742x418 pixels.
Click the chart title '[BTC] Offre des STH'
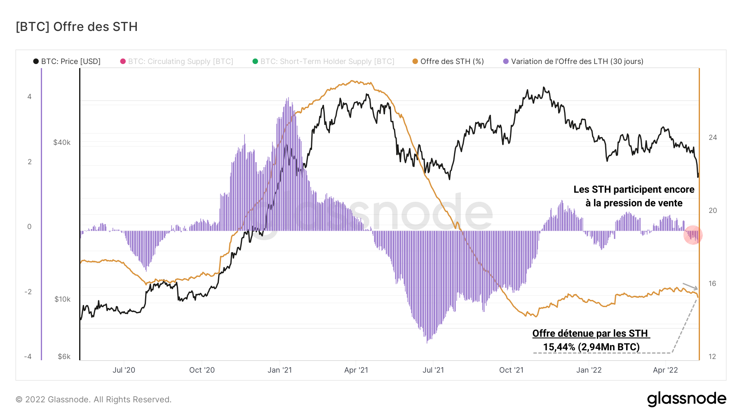77,27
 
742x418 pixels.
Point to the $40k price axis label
62,143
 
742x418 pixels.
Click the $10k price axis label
62,299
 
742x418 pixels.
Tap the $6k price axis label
64,357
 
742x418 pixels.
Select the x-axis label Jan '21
279,370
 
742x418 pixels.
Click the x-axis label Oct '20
202,370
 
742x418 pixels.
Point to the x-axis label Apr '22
665,370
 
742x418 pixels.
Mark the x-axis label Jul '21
433,370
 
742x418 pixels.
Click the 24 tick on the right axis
713,137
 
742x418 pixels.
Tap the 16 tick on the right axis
712,283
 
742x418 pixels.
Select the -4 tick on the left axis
28,357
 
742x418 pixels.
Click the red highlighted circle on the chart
693,235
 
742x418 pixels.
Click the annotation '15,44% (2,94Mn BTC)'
591,347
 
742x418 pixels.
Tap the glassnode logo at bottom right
686,399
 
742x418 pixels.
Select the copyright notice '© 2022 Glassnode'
94,399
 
